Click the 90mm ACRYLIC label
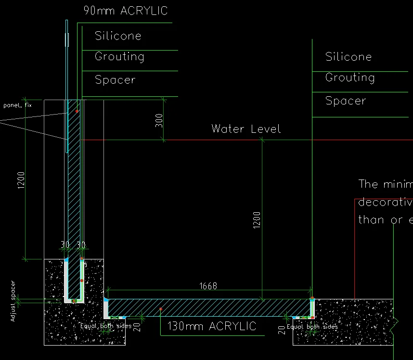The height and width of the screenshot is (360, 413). coord(126,11)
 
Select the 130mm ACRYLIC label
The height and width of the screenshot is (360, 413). coord(211,326)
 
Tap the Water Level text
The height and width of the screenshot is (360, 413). coord(246,129)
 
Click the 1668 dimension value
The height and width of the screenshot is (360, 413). coord(208,286)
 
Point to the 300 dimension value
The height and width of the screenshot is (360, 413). coord(159,120)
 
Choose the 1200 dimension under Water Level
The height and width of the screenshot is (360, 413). coord(257,219)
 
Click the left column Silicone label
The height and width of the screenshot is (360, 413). coord(118,36)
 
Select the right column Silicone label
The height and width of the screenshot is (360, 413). coord(348,57)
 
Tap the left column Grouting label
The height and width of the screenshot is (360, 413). coord(119,56)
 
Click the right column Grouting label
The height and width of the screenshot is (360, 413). coord(350,77)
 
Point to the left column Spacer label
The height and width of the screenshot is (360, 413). coord(115,80)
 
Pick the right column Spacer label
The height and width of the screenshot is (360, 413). coord(346,101)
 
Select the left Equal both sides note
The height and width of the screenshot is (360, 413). coord(105,326)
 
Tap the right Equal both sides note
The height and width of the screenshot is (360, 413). coord(312,326)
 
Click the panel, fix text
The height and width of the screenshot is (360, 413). coord(17,105)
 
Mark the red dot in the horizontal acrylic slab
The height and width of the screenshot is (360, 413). coord(160,309)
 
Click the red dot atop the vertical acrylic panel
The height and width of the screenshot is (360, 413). coord(77,111)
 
